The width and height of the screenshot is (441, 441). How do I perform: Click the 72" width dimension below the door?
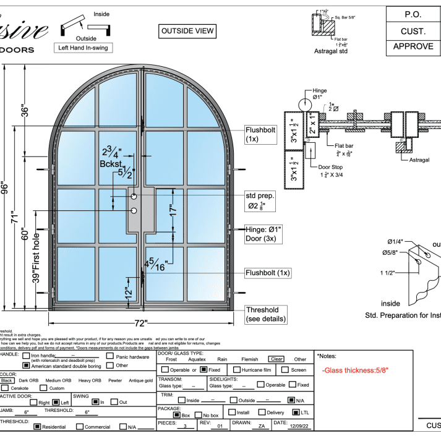click(x=141, y=323)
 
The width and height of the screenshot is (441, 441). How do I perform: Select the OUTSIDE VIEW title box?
click(x=187, y=31)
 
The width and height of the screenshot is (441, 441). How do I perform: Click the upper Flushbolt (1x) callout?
click(x=260, y=135)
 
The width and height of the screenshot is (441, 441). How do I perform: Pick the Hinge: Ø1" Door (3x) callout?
click(x=263, y=234)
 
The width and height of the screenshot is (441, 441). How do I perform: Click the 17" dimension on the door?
click(x=173, y=209)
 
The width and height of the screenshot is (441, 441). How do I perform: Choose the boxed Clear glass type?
click(x=276, y=359)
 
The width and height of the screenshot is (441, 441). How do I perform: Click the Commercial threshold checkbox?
click(x=80, y=426)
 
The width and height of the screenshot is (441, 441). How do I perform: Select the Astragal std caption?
click(x=331, y=51)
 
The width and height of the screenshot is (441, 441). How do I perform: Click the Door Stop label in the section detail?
click(x=332, y=167)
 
